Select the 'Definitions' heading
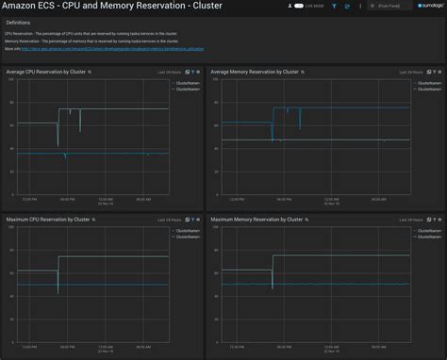tap(19, 21)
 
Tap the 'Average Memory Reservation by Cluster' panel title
tap(257, 72)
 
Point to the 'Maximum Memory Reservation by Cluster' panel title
tap(257, 219)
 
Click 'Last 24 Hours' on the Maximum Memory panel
tap(388, 219)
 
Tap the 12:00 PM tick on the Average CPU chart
tap(28, 199)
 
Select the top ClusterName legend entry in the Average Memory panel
tap(430, 82)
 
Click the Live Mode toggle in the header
tap(297, 6)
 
